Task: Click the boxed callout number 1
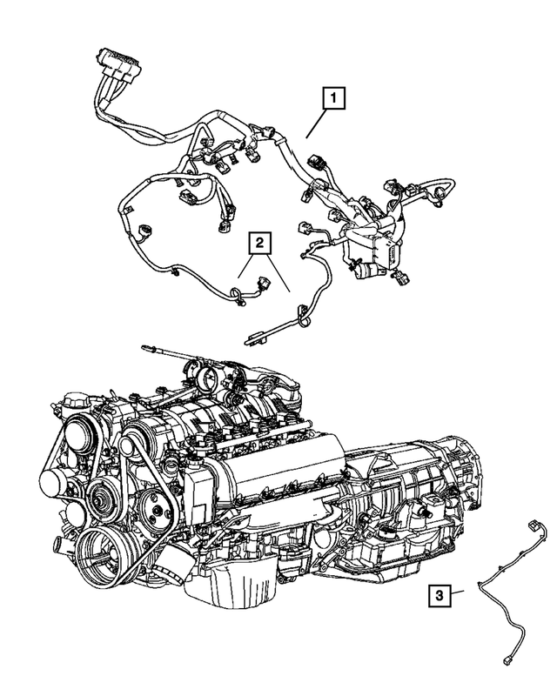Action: tap(332, 99)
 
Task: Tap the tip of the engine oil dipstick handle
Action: tap(143, 349)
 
